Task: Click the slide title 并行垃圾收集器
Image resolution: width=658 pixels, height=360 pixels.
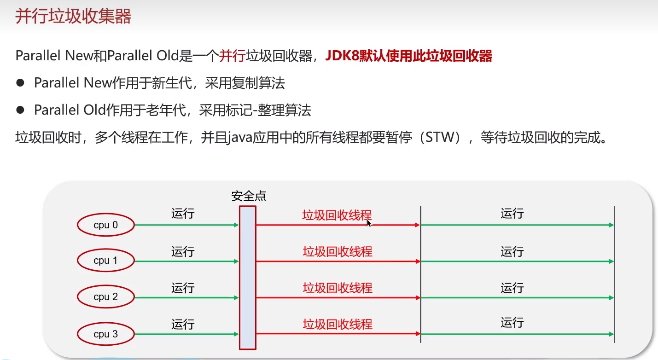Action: (x=74, y=17)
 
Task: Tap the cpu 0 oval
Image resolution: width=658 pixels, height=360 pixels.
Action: (x=105, y=225)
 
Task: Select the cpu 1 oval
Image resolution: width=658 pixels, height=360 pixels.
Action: (x=105, y=261)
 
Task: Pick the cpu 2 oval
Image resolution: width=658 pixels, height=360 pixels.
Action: (x=105, y=297)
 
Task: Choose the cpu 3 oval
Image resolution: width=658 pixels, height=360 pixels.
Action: (x=105, y=334)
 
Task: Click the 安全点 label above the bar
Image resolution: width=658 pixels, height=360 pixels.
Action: (x=249, y=197)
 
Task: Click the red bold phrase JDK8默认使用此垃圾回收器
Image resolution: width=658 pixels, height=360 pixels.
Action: (x=409, y=56)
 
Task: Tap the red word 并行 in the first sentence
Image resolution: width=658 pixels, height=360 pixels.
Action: (x=232, y=56)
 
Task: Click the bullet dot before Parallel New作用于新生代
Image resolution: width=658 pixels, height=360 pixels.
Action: (x=20, y=83)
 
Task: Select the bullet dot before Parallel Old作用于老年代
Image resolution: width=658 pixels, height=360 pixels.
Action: (x=20, y=110)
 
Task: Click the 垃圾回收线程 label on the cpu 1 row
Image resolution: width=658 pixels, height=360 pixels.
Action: (x=338, y=251)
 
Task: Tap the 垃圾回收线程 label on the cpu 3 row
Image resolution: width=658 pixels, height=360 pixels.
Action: (x=338, y=324)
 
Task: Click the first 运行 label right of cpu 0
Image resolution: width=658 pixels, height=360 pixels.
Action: (x=183, y=214)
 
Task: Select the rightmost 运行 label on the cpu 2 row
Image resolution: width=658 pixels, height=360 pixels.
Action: (x=512, y=288)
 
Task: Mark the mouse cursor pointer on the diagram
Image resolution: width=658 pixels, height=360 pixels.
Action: (x=368, y=223)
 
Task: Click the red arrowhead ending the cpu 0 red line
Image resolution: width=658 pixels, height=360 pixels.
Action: (x=417, y=225)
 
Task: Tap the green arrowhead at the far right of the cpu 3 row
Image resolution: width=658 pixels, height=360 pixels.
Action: (x=611, y=334)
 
